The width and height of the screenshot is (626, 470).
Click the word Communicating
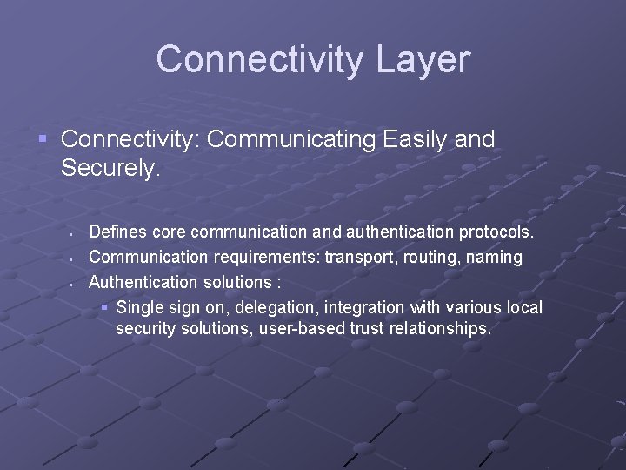[301, 139]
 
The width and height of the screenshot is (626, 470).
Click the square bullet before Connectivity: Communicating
[43, 138]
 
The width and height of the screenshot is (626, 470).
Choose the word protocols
[497, 233]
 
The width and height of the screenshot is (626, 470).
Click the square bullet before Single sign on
[104, 307]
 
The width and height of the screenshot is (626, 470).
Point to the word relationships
[443, 329]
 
